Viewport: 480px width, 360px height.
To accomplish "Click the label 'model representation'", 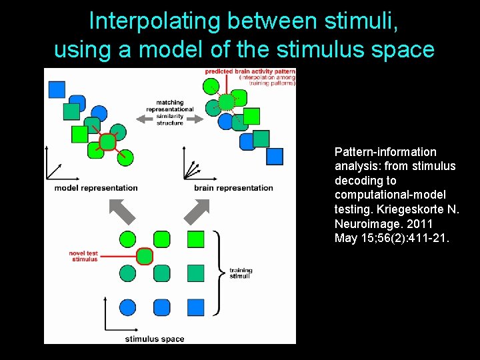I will point(96,188).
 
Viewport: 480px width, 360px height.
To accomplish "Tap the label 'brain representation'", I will point(233,188).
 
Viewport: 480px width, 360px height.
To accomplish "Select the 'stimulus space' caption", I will point(155,339).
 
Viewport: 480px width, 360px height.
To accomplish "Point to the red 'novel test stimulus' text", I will point(84,256).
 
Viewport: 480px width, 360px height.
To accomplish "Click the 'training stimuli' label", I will point(241,273).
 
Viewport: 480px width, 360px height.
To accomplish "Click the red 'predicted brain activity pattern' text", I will point(250,71).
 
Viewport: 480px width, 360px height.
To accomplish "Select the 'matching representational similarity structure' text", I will point(170,113).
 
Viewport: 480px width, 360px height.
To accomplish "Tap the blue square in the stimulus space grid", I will point(195,307).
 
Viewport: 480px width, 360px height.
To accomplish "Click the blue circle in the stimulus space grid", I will point(128,307).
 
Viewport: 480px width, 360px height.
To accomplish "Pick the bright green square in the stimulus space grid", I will point(195,239).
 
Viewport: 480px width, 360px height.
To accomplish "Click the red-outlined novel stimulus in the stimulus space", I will point(145,256).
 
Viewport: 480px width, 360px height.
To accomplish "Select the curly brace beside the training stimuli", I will point(217,273).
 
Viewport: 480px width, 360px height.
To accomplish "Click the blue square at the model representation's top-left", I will point(57,89).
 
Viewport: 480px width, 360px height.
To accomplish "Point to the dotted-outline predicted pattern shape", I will point(227,102).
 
